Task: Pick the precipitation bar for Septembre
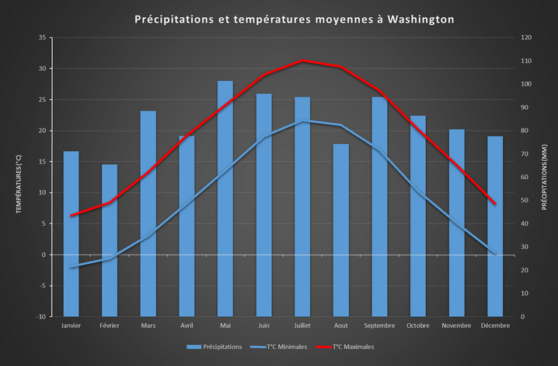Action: [x=379, y=206]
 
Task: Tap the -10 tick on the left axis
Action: [x=40, y=317]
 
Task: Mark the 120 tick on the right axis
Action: [x=527, y=37]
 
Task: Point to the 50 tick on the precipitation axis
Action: [x=525, y=200]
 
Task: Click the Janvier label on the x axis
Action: [x=71, y=326]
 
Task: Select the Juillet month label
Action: [x=302, y=326]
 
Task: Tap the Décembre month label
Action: [x=495, y=326]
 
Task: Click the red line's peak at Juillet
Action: [x=303, y=61]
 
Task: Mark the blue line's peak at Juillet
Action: [x=303, y=121]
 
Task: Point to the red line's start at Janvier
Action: [x=71, y=215]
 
